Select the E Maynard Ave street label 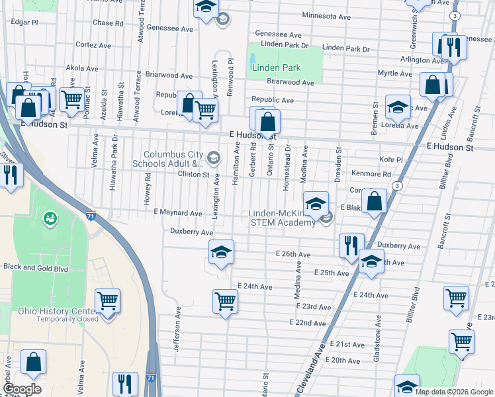(x=177, y=213)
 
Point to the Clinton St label (x=193, y=175)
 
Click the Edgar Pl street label (x=24, y=22)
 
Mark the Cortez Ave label (x=93, y=45)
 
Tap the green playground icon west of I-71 (x=50, y=218)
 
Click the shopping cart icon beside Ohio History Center (x=107, y=301)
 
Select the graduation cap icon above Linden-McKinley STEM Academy (x=316, y=202)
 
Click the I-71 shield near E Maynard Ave (x=91, y=215)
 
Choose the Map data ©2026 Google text (x=454, y=392)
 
